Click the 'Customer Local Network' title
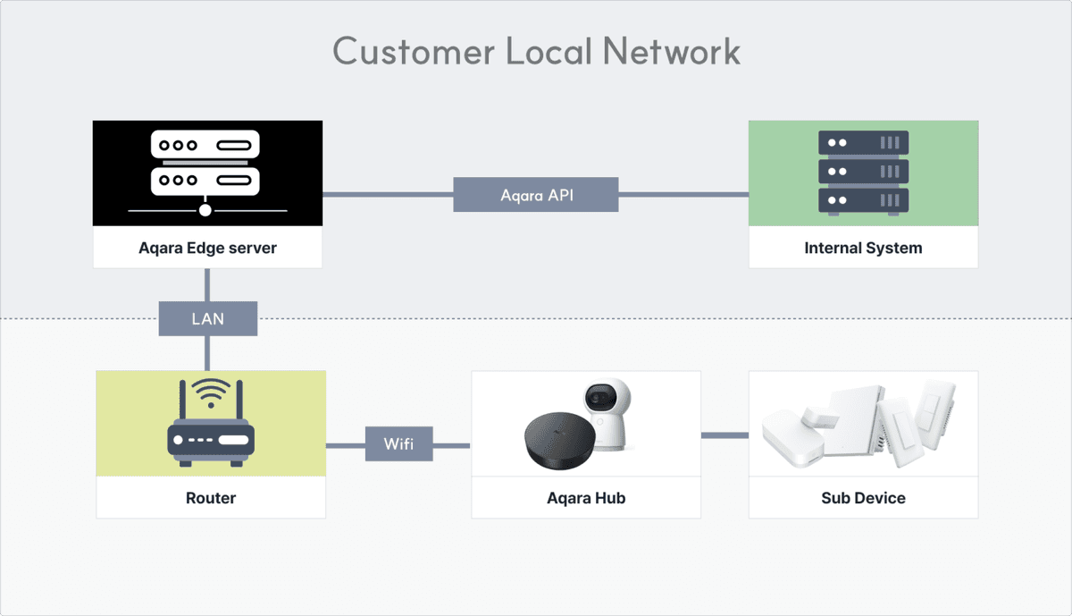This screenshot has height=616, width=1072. coord(536,51)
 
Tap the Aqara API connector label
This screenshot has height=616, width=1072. coord(535,194)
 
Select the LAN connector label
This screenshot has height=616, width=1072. coord(207,318)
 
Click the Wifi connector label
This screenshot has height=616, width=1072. coord(398,444)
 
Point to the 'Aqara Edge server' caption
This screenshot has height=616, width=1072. coord(207,248)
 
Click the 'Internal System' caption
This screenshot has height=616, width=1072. coord(863,248)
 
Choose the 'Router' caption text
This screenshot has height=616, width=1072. coord(211,498)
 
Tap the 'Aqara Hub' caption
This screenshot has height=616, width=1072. coord(586,498)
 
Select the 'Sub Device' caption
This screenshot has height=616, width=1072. coord(863,498)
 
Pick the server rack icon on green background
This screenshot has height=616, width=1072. coord(863,173)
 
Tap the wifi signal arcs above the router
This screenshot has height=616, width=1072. coord(211,392)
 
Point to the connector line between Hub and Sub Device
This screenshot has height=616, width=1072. coord(724,435)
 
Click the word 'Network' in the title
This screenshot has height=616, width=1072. coord(671,51)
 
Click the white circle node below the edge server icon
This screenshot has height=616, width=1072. coord(205,210)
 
